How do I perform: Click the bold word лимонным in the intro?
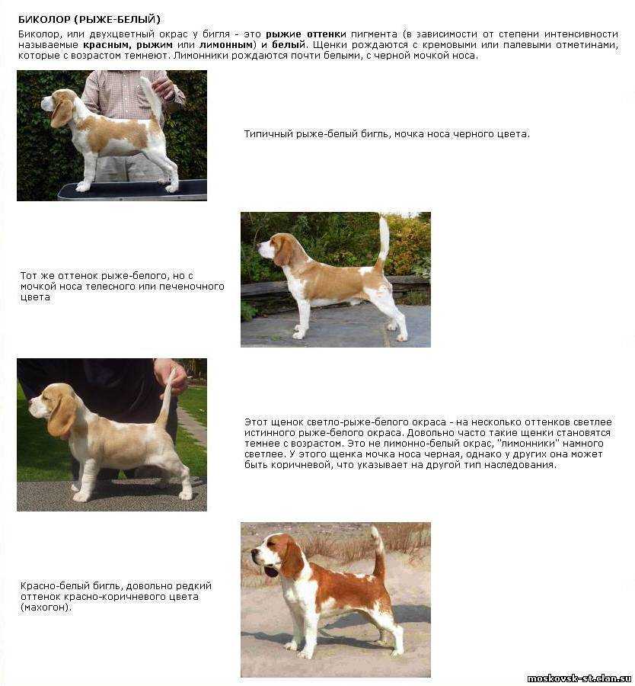[226, 45]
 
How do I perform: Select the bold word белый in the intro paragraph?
[289, 45]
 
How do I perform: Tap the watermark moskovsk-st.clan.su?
[580, 678]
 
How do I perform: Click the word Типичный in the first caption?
[268, 134]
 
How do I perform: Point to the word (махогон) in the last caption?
[46, 607]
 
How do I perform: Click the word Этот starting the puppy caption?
[256, 422]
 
